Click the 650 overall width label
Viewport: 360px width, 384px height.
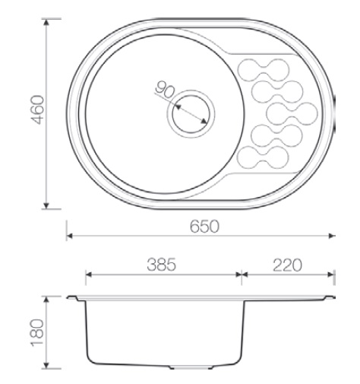click(x=204, y=227)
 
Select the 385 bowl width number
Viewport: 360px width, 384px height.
click(x=161, y=265)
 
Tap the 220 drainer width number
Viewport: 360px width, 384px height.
click(x=287, y=265)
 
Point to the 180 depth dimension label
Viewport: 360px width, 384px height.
click(x=37, y=332)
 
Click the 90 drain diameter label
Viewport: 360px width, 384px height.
click(x=165, y=90)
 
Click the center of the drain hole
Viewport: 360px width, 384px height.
click(x=191, y=114)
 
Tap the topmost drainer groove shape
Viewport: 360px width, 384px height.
click(x=264, y=70)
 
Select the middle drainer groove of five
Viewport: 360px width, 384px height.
click(x=292, y=114)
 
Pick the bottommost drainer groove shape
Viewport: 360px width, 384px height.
click(x=263, y=157)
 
